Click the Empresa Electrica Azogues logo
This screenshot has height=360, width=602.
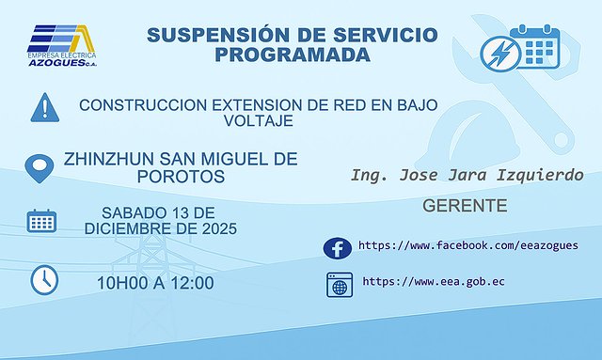(x=61, y=43)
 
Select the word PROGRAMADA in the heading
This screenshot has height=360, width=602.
(x=292, y=55)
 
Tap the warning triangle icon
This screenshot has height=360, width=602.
(x=44, y=106)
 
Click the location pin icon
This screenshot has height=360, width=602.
(x=39, y=168)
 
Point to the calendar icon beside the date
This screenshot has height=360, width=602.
(x=41, y=221)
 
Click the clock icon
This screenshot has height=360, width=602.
(x=44, y=279)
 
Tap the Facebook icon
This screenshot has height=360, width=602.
(x=337, y=247)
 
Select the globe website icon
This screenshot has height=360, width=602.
(x=338, y=283)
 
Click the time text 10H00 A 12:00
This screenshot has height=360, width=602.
(x=155, y=283)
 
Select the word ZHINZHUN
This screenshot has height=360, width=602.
(x=108, y=159)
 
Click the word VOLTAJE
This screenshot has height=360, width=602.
(x=259, y=121)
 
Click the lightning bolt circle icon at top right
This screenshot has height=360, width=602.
(x=499, y=51)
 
